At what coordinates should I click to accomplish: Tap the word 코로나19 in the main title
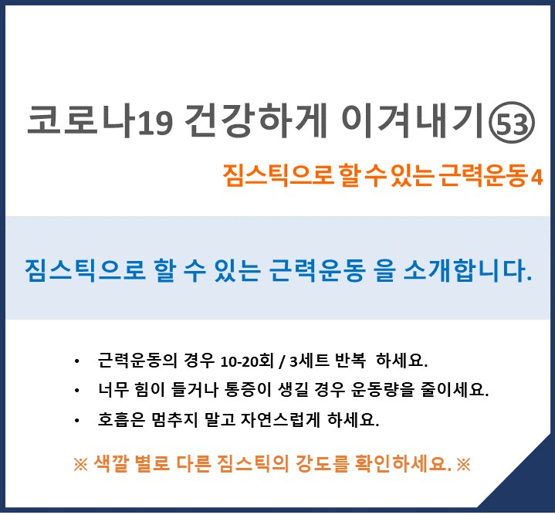pyautogui.click(x=100, y=120)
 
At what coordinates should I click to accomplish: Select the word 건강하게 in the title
pyautogui.click(x=256, y=120)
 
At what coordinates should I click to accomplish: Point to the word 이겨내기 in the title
pyautogui.click(x=412, y=120)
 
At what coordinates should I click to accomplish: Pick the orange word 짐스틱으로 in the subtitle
pyautogui.click(x=278, y=175)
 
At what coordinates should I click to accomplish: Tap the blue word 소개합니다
pyautogui.click(x=468, y=271)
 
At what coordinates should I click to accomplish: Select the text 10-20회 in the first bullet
pyautogui.click(x=247, y=361)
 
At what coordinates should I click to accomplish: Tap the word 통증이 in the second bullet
pyautogui.click(x=248, y=390)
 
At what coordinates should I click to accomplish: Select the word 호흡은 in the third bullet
pyautogui.click(x=121, y=420)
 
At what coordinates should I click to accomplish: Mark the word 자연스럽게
pyautogui.click(x=280, y=420)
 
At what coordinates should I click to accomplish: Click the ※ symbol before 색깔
pyautogui.click(x=81, y=464)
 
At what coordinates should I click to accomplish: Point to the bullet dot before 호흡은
pyautogui.click(x=77, y=421)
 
